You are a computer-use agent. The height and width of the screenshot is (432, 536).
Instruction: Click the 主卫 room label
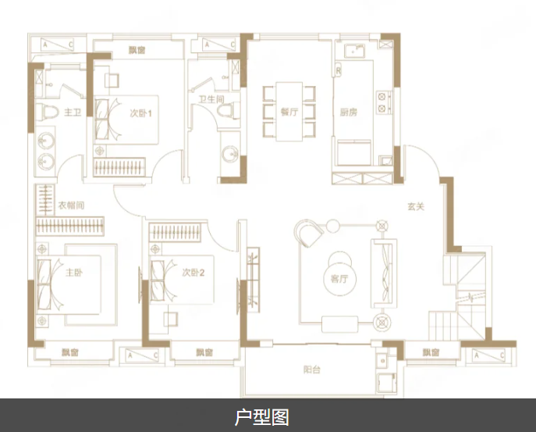click(73, 113)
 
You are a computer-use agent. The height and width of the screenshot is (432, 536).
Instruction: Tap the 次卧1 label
click(140, 113)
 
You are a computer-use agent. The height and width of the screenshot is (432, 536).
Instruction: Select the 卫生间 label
click(211, 99)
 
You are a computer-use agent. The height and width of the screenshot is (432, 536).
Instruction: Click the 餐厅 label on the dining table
click(289, 112)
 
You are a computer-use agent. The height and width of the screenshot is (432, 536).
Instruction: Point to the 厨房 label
click(349, 112)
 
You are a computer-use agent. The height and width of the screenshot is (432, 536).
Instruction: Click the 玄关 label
click(415, 207)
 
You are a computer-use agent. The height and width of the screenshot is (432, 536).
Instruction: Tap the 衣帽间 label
click(70, 206)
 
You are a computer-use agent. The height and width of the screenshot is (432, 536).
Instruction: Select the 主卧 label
click(73, 273)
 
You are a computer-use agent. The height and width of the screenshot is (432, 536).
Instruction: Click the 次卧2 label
click(193, 273)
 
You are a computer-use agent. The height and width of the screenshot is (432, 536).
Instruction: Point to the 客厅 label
click(339, 279)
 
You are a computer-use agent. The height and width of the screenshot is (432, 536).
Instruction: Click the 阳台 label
click(313, 370)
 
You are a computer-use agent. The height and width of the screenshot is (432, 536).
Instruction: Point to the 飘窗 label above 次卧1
click(138, 52)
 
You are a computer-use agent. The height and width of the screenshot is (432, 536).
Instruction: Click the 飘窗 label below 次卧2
click(204, 352)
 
